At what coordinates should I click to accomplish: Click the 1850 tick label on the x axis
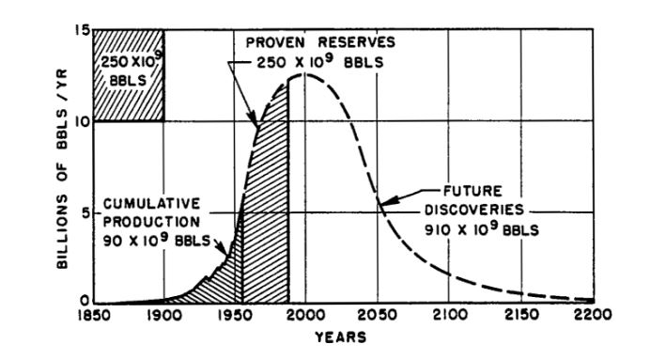[95, 316]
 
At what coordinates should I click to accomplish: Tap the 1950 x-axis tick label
[234, 316]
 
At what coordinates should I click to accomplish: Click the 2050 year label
[379, 316]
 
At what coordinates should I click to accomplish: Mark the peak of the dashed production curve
[302, 74]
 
